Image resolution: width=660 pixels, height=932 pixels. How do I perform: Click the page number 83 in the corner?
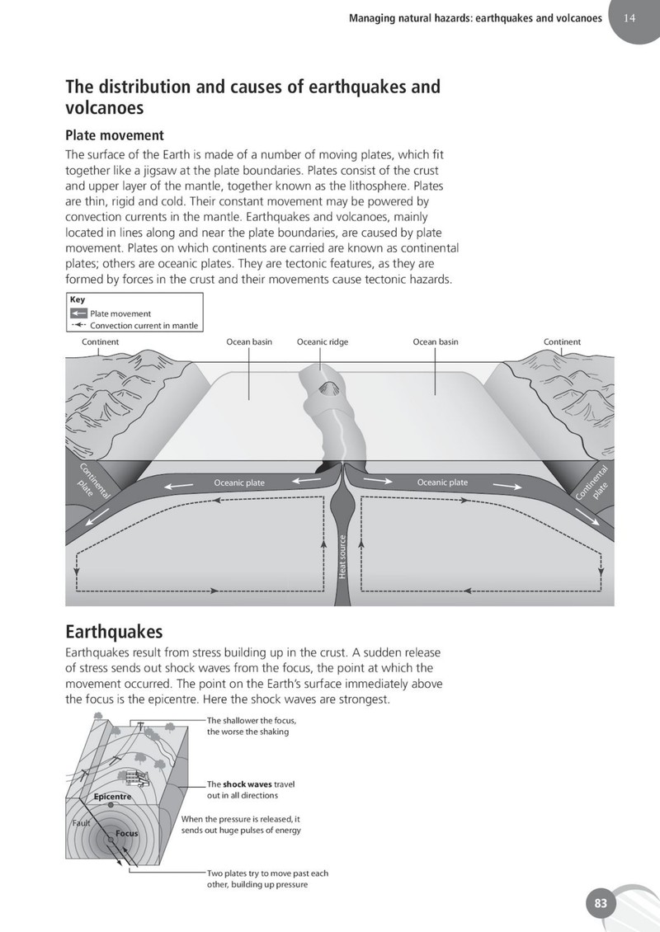pyautogui.click(x=601, y=903)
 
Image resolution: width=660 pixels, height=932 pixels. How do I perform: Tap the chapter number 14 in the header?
pyautogui.click(x=629, y=18)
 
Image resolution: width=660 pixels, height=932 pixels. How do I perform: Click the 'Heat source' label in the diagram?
pyautogui.click(x=342, y=557)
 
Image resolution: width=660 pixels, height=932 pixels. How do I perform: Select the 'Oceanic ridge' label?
pyautogui.click(x=323, y=341)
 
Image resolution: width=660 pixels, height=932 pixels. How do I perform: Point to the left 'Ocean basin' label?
pyautogui.click(x=249, y=341)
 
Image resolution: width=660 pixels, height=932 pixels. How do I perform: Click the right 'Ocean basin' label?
pyautogui.click(x=436, y=341)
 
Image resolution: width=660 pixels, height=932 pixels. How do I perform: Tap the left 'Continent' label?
pyautogui.click(x=100, y=341)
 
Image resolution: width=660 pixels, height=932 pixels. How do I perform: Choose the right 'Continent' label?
pyautogui.click(x=562, y=341)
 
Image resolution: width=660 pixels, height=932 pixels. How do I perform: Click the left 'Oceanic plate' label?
pyautogui.click(x=239, y=482)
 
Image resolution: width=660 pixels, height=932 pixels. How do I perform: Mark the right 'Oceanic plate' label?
pyautogui.click(x=442, y=482)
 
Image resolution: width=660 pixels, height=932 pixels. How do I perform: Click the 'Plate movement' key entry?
pyautogui.click(x=120, y=313)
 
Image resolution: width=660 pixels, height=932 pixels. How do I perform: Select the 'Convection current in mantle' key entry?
pyautogui.click(x=144, y=325)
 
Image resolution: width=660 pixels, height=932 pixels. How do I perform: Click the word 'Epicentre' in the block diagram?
pyautogui.click(x=112, y=797)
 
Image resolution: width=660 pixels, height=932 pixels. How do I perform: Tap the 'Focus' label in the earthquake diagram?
pyautogui.click(x=127, y=833)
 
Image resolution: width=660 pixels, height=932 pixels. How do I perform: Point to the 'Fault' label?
pyautogui.click(x=81, y=823)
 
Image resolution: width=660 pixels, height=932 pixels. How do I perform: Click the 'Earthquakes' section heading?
pyautogui.click(x=114, y=631)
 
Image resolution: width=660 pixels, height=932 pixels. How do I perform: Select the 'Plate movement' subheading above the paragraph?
pyautogui.click(x=115, y=135)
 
